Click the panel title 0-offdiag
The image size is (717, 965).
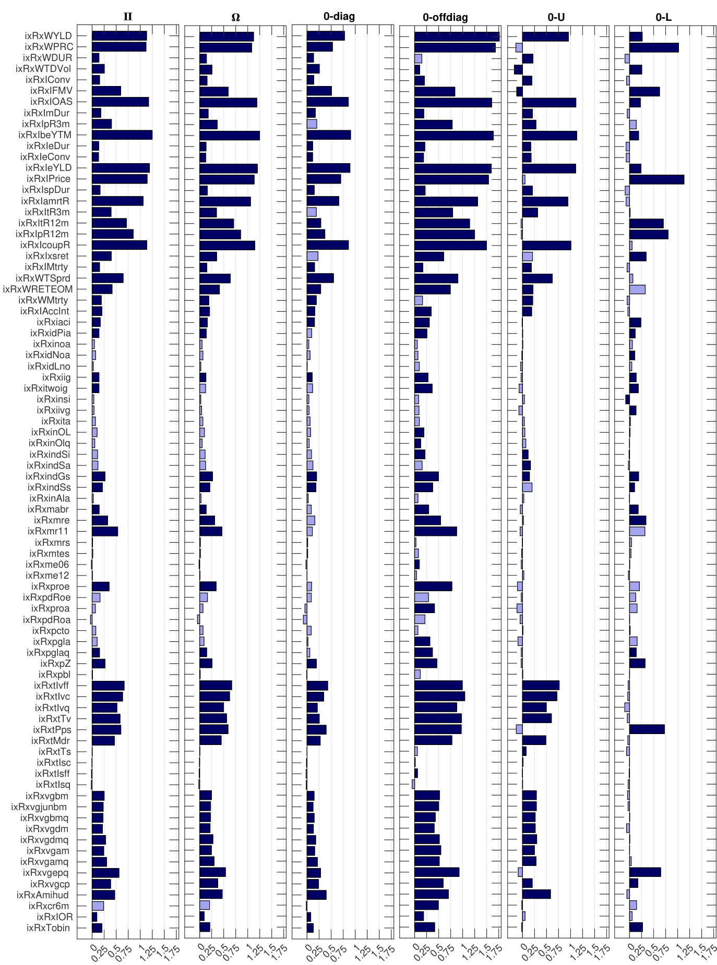pyautogui.click(x=445, y=18)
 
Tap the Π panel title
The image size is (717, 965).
pyautogui.click(x=128, y=17)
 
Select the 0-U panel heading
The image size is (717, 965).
pyautogui.click(x=556, y=17)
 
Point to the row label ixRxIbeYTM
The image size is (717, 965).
pyautogui.click(x=45, y=135)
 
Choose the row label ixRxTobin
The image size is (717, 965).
pyautogui.click(x=48, y=927)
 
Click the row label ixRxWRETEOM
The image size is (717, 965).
pyautogui.click(x=38, y=289)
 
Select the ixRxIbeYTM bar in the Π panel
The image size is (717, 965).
pyautogui.click(x=122, y=135)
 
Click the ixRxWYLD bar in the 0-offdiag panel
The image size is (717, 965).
pyautogui.click(x=457, y=36)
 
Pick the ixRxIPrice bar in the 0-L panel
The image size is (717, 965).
pyautogui.click(x=656, y=179)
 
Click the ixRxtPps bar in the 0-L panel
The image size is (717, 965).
pyautogui.click(x=647, y=729)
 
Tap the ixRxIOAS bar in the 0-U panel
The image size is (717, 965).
pyautogui.click(x=549, y=102)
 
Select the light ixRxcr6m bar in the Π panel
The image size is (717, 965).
pyautogui.click(x=98, y=906)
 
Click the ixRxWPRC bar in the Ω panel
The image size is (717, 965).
pyautogui.click(x=225, y=47)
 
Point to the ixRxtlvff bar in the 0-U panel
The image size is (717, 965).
pyautogui.click(x=541, y=685)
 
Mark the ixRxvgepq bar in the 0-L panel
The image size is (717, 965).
pyautogui.click(x=645, y=872)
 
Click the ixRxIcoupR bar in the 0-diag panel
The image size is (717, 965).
pyautogui.click(x=327, y=245)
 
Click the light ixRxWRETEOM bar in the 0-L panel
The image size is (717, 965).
pyautogui.click(x=637, y=289)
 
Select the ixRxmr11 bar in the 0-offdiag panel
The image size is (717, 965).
pyautogui.click(x=435, y=531)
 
